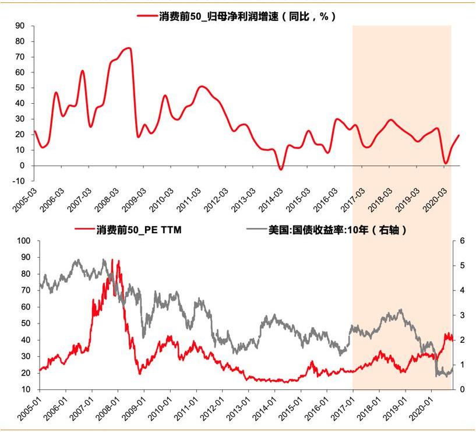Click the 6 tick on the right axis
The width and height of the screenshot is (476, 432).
point(463,240)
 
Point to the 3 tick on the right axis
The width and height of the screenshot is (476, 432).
point(463,315)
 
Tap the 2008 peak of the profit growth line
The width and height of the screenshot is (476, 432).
point(129,48)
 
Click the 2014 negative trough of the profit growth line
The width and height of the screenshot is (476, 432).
point(281,169)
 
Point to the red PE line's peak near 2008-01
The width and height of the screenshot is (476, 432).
point(119,261)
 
